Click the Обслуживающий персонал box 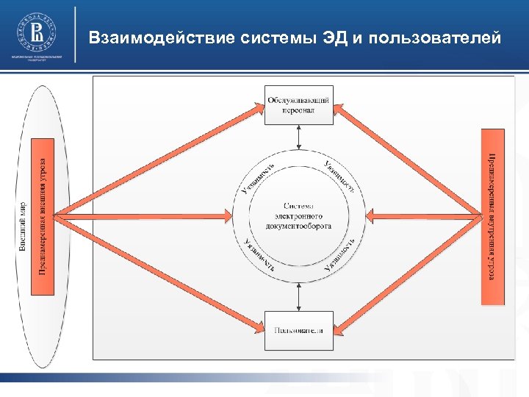click(298, 105)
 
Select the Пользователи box click(298, 330)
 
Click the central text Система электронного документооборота click(298, 215)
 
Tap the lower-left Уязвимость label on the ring click(259, 254)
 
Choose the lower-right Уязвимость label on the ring click(340, 254)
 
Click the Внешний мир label click(23, 228)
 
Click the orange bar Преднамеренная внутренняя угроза click(492, 216)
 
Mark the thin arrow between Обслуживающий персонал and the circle click(298, 136)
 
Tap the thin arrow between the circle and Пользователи click(298, 296)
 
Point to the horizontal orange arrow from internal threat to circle click(426, 215)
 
